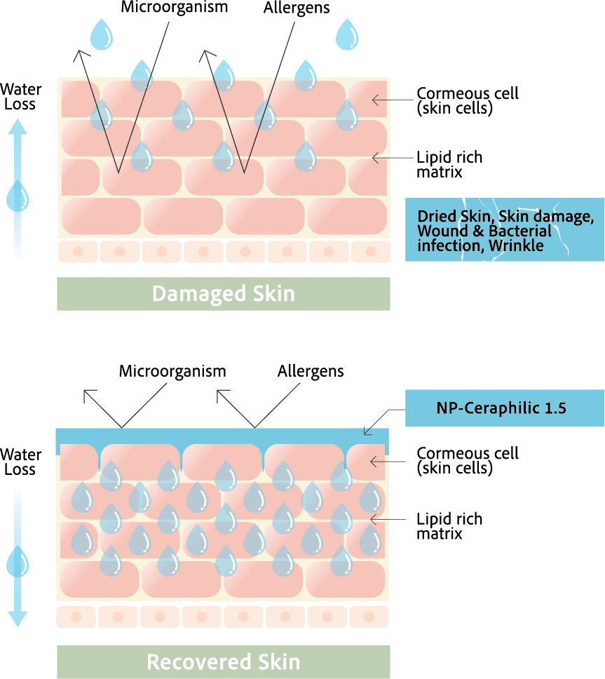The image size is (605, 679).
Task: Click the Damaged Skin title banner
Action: point(223,293)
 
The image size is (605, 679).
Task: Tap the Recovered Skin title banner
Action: point(223,661)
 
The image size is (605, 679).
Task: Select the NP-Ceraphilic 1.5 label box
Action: point(505,408)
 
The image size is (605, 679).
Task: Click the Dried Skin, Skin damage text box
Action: point(505,230)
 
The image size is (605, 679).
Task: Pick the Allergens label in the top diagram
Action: point(297,8)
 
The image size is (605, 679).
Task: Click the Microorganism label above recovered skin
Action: point(172,371)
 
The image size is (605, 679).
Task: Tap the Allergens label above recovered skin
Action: point(311,371)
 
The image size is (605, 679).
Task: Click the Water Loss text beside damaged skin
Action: point(21,97)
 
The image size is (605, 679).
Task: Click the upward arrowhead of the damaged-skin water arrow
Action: point(18,126)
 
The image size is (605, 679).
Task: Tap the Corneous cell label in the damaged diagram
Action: point(467,101)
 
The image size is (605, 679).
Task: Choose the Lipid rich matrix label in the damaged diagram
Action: point(449,165)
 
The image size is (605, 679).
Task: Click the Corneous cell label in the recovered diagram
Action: point(467,460)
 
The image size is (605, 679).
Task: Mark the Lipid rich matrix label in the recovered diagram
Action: point(449,526)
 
